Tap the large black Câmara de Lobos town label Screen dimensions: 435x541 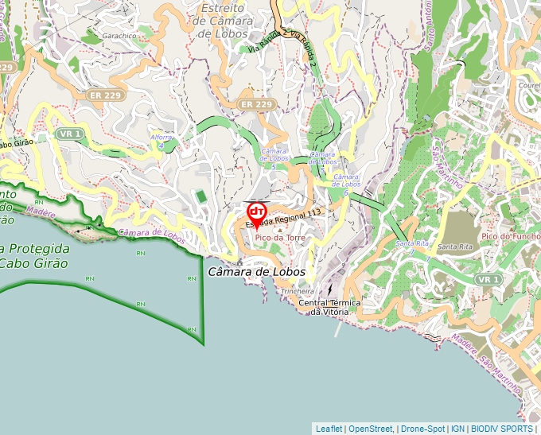pos(256,272)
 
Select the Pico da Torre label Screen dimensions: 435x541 pos(280,238)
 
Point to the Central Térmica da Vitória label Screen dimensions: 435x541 pos(329,308)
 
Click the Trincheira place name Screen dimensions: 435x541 pos(298,292)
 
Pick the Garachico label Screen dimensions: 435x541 pos(119,36)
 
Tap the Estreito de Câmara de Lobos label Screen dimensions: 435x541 pos(228,21)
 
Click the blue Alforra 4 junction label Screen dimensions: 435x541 pos(162,141)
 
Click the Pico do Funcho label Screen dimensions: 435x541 pos(510,236)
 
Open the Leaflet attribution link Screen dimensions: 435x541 pos(329,429)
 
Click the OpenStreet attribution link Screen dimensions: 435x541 pos(371,429)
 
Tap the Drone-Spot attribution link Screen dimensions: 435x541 pos(422,429)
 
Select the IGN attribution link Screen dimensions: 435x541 pos(458,429)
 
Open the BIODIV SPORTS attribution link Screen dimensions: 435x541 pos(501,429)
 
